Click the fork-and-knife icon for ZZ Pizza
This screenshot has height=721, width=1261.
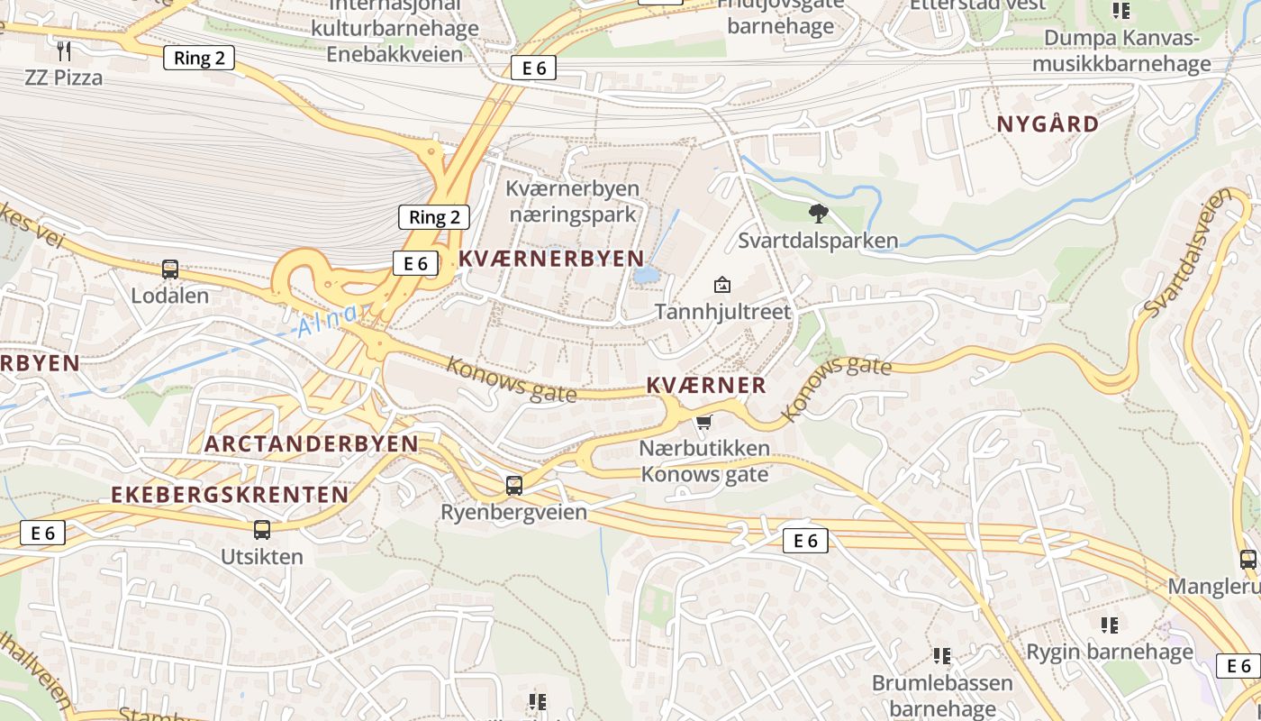63,50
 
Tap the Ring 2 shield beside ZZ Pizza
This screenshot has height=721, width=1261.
199,59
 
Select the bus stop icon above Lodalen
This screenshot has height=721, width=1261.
169,269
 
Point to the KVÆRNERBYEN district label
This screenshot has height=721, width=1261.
551,259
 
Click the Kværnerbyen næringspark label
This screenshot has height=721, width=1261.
573,202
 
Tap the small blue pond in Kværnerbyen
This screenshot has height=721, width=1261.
645,275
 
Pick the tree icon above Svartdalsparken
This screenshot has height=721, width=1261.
818,214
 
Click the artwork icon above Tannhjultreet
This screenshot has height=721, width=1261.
721,286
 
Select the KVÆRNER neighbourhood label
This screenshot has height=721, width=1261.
706,386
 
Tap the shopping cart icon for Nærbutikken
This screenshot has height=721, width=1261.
704,422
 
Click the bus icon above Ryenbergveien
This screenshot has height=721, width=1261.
513,486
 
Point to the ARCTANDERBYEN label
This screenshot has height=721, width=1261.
312,443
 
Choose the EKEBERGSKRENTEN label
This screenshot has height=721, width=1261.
230,495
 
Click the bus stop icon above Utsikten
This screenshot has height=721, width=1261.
261,530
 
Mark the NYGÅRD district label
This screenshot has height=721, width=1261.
1048,124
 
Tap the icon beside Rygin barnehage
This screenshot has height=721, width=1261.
1110,625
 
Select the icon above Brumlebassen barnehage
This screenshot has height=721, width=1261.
942,655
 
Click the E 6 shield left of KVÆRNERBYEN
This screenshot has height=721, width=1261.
415,263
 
